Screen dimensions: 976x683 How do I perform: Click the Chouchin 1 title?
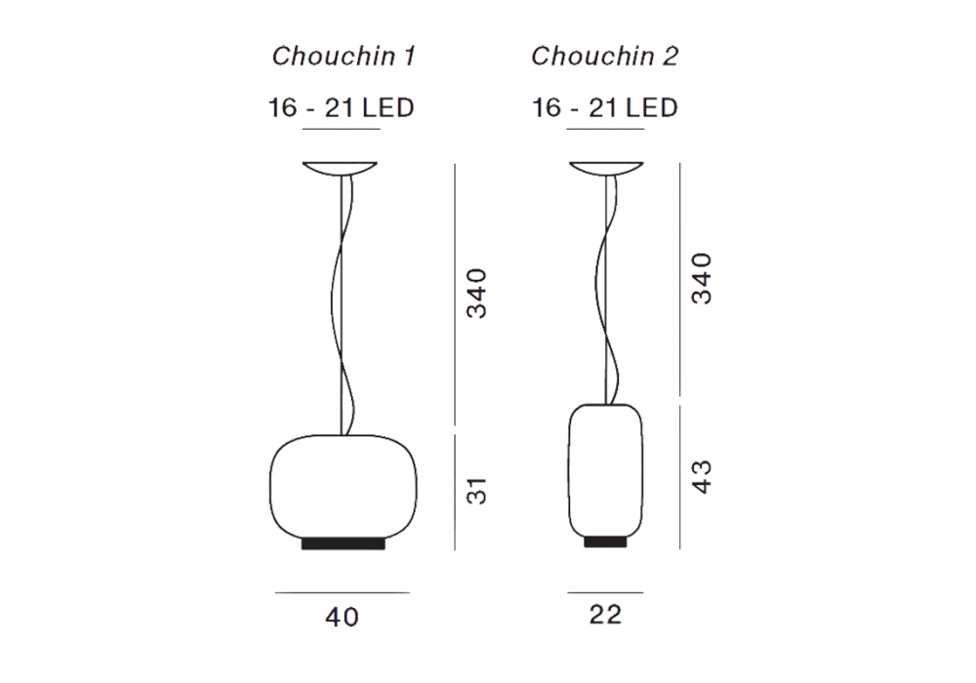(x=344, y=56)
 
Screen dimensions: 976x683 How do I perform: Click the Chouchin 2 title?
(x=604, y=56)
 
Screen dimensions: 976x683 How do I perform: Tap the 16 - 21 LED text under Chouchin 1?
(x=341, y=107)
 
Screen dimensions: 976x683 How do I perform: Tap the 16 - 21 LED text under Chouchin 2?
(x=604, y=107)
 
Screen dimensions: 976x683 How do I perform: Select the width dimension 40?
(x=343, y=617)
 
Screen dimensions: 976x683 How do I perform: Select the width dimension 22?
(x=606, y=615)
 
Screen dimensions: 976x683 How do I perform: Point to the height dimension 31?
(x=477, y=491)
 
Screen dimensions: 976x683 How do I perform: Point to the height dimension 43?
(x=702, y=476)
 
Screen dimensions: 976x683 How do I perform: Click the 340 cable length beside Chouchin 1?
(x=477, y=294)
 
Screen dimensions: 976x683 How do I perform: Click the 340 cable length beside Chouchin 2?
(x=702, y=278)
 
